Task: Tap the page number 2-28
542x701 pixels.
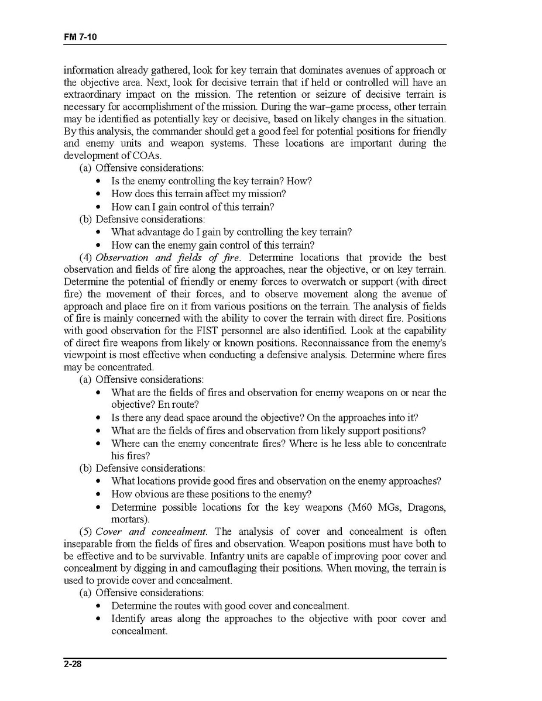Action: [73, 664]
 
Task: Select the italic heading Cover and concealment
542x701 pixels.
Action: [151, 532]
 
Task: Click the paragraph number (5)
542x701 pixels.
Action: [86, 532]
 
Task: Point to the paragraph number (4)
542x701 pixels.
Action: [86, 257]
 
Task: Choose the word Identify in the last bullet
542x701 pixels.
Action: [128, 619]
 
